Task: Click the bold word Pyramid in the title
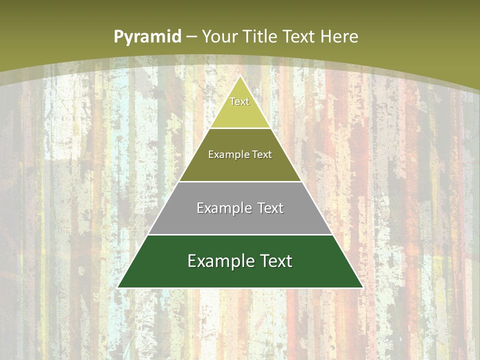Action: click(x=147, y=36)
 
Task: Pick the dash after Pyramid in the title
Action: click(x=191, y=36)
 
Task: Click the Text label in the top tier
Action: click(x=239, y=101)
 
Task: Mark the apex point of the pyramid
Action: click(x=240, y=75)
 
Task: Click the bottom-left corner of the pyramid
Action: click(x=117, y=287)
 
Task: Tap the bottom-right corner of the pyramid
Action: click(x=362, y=287)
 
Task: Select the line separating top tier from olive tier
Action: click(x=240, y=128)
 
